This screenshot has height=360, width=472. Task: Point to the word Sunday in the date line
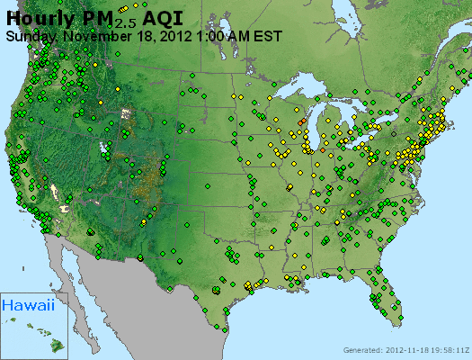click(31, 37)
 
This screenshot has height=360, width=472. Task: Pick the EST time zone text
click(268, 37)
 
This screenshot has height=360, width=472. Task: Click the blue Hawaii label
click(27, 306)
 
